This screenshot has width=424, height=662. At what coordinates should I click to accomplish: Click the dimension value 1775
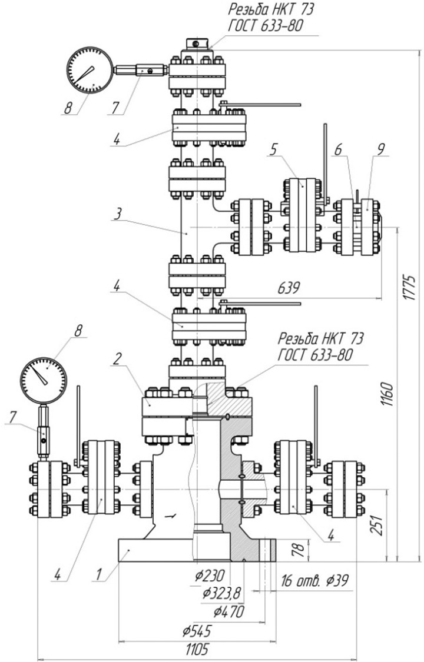tap(408, 287)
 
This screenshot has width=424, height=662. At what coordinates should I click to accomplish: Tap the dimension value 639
tap(289, 288)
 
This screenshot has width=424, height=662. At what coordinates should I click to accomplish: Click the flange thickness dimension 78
tap(298, 550)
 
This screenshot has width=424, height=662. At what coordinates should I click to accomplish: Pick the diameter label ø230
tap(210, 575)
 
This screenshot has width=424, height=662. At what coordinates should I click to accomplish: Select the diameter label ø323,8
tap(221, 593)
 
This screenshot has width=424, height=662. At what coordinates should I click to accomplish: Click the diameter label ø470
tap(228, 611)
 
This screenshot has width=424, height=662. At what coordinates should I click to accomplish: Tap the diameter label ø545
tap(197, 631)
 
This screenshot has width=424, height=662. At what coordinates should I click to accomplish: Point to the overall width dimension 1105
tap(197, 649)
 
